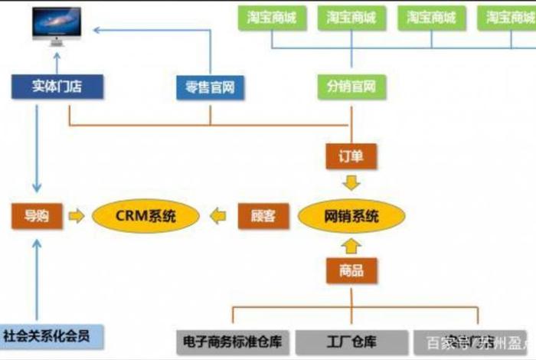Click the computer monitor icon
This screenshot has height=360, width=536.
pos(56,26)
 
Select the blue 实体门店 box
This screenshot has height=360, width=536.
pos(57,87)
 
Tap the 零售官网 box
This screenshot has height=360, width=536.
pos(210,87)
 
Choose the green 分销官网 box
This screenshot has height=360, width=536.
pos(351,87)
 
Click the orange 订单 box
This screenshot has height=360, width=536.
pos(351,156)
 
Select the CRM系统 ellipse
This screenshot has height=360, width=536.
pos(145,216)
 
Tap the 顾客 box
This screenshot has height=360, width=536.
pos(263,216)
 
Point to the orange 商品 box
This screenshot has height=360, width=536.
pos(351,270)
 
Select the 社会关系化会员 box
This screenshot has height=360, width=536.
pos(51,335)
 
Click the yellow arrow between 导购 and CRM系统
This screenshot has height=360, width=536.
pos(77,216)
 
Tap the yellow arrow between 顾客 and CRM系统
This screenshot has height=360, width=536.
pos(220,216)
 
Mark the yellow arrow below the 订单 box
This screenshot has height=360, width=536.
pos(351,184)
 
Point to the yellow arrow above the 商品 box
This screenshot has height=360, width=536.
pos(351,245)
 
